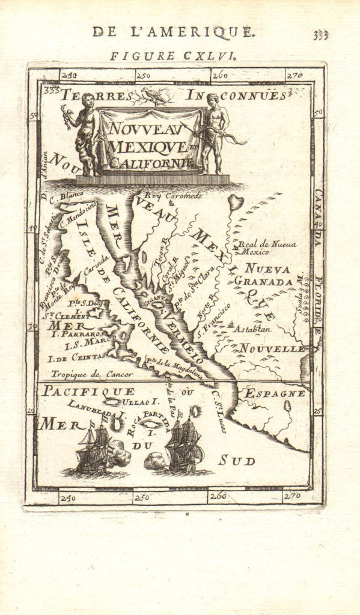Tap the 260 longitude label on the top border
pyautogui.click(x=220, y=76)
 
